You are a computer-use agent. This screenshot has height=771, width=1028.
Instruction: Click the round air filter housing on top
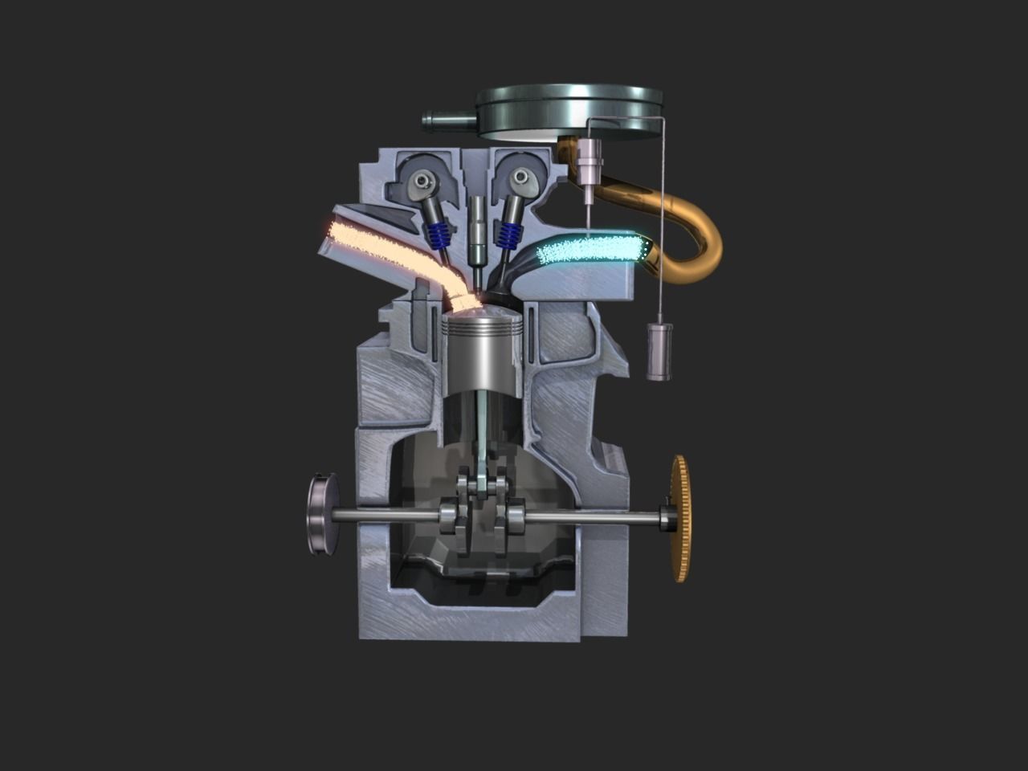coord(569,111)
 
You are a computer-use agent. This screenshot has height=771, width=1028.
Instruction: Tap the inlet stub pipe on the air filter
coord(448,122)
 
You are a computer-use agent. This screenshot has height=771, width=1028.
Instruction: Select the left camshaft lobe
coord(422,186)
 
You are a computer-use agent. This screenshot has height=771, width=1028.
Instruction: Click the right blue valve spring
coord(508,235)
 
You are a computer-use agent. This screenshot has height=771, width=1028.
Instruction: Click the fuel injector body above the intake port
coord(590,161)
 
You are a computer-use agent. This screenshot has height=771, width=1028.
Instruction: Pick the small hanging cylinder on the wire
coord(659,351)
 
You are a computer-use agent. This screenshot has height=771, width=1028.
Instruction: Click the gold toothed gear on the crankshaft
coord(681,518)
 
